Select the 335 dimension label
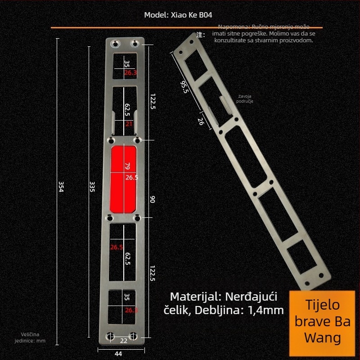click(x=92, y=187)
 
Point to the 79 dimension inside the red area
click(x=127, y=167)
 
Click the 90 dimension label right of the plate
click(x=152, y=199)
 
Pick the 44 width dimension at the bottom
click(x=118, y=354)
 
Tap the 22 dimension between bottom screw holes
click(x=124, y=341)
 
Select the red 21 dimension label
click(x=129, y=124)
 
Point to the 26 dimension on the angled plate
click(x=201, y=121)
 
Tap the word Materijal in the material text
click(x=193, y=297)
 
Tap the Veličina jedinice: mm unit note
click(x=33, y=337)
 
